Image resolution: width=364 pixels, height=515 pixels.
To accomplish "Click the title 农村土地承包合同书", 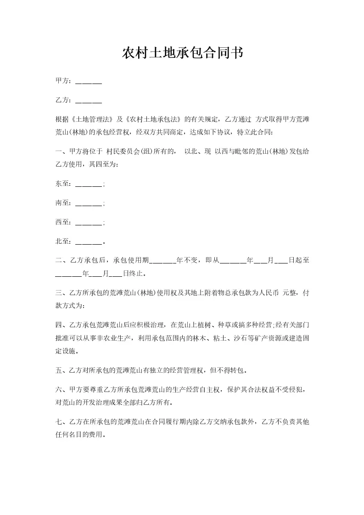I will click(182, 53).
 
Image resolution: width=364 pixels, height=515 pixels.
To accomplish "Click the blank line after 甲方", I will click(88, 82).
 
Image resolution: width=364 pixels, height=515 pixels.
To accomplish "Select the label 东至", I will click(62, 184).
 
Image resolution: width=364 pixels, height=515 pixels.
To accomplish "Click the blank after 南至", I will click(88, 203).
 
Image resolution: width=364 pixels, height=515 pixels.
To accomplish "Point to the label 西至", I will click(62, 222).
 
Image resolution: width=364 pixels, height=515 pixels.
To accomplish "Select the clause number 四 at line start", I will click(58, 325).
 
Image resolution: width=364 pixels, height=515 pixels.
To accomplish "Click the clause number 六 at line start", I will click(58, 390).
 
